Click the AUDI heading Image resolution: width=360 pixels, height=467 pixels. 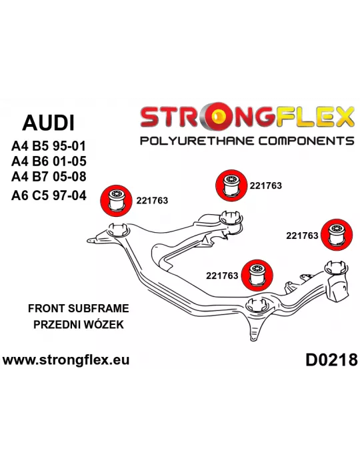[x=48, y=123]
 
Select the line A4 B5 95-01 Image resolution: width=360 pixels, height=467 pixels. [x=49, y=146]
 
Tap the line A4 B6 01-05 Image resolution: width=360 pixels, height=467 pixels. [x=49, y=161]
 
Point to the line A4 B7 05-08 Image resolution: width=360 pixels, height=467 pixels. [x=49, y=176]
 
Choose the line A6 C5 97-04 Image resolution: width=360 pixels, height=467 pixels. [x=49, y=195]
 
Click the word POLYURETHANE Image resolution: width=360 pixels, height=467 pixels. [x=197, y=141]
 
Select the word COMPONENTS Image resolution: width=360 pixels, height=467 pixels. [x=306, y=141]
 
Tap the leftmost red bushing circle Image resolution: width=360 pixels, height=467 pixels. [x=116, y=200]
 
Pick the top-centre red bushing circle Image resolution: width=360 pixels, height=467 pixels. [x=231, y=185]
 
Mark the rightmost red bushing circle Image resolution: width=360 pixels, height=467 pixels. [x=337, y=235]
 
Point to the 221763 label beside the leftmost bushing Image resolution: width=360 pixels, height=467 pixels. [x=152, y=200]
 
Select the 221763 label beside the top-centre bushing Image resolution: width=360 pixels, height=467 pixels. [x=266, y=185]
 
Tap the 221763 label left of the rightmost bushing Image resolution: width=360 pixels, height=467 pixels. [x=302, y=236]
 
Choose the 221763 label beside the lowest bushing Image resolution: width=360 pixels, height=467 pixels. [x=222, y=276]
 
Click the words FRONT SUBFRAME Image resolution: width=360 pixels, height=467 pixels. [x=79, y=308]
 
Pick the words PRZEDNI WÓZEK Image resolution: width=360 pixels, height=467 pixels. [x=79, y=324]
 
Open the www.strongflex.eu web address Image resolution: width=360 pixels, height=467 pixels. [x=66, y=360]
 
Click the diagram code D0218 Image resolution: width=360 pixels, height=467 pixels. [x=331, y=360]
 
